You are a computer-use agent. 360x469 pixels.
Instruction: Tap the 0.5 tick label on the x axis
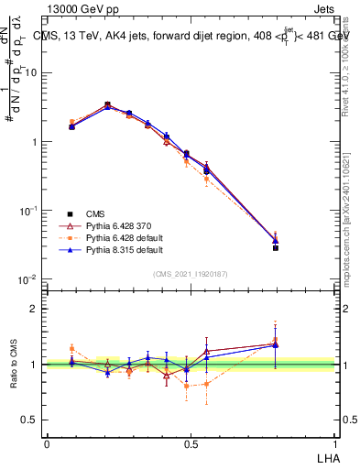[191, 443]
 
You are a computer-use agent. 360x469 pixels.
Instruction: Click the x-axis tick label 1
[333, 443]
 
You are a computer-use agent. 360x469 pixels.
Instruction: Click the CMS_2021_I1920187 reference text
[191, 272]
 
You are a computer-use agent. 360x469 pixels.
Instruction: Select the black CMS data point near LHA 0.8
[275, 247]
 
